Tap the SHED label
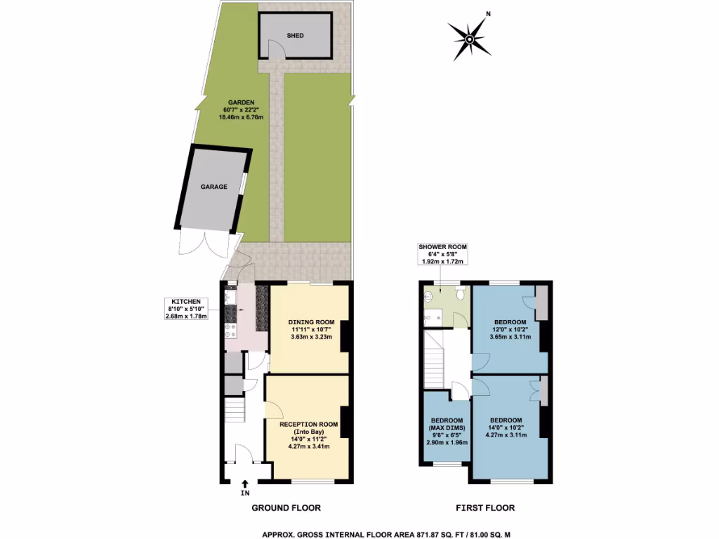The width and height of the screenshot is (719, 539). tap(295, 35)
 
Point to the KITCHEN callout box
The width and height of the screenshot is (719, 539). tap(185, 310)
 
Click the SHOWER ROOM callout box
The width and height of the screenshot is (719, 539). tap(442, 254)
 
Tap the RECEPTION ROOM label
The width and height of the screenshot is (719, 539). tap(309, 435)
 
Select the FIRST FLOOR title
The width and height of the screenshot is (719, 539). tap(486, 507)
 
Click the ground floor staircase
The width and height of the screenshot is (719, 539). tap(234, 408)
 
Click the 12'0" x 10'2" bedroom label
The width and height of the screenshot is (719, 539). tap(510, 329)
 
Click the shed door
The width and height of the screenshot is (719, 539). tap(276, 51)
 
